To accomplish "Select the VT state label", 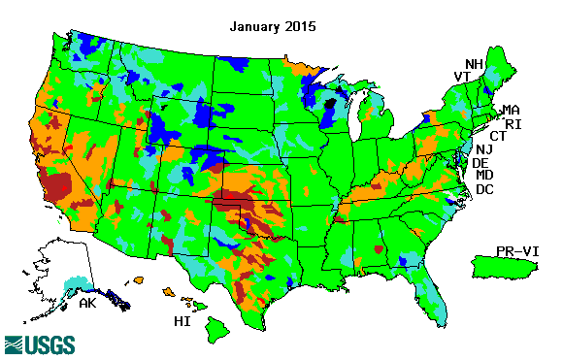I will click(463, 78).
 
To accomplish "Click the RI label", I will click(513, 124).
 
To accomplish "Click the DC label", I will click(485, 189).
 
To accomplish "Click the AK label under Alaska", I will click(87, 303).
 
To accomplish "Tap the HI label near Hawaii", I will click(181, 321).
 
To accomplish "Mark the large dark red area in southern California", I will click(58, 184).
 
